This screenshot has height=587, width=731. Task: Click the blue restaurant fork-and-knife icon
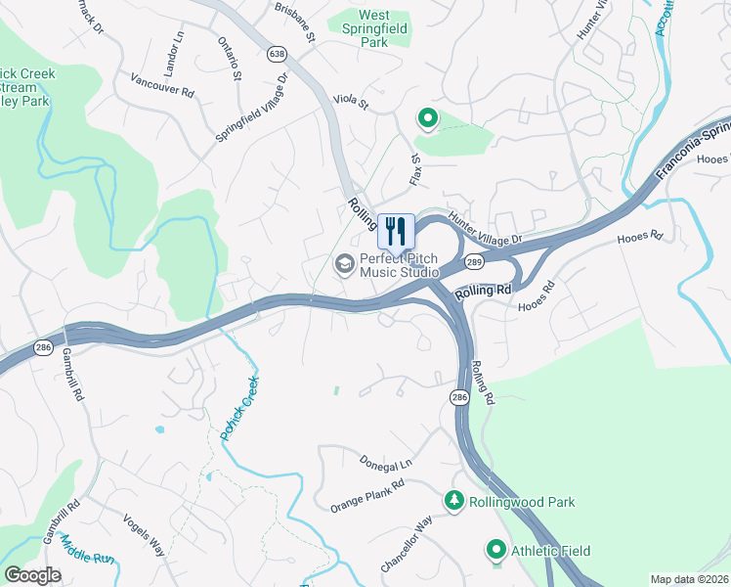tap(396, 232)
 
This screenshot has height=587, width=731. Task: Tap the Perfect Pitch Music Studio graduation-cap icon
tap(344, 263)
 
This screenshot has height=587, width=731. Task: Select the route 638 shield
tap(279, 52)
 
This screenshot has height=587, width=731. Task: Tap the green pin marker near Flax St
tap(427, 119)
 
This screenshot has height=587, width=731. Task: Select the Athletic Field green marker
tap(496, 550)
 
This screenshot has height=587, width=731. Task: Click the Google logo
tap(32, 574)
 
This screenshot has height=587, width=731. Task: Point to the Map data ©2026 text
tap(689, 579)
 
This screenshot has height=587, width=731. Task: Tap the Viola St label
tap(351, 101)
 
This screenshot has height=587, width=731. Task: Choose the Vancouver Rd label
tap(162, 84)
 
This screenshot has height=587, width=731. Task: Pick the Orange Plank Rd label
tap(366, 496)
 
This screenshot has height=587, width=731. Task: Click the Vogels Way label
tap(144, 535)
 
